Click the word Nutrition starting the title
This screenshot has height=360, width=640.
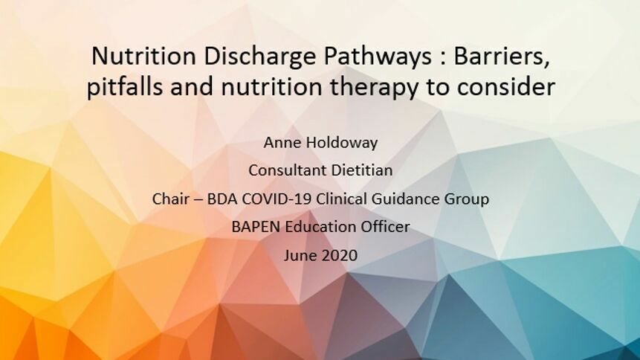[143, 56]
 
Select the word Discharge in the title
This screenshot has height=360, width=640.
[259, 57]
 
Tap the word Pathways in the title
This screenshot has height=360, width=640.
[378, 57]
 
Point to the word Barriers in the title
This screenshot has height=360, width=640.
[502, 57]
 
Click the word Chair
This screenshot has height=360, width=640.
[167, 199]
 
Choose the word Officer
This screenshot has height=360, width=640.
[381, 227]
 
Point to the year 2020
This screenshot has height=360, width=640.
[339, 255]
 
